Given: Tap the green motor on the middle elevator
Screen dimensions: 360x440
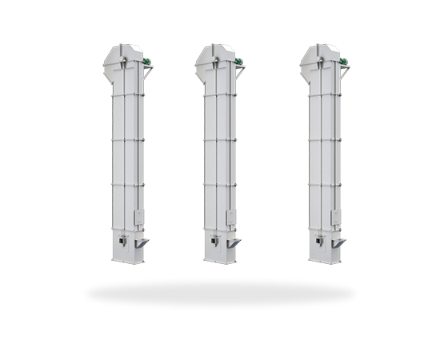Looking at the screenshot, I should (x=238, y=61).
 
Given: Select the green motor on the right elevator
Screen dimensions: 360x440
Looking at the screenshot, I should (x=343, y=61).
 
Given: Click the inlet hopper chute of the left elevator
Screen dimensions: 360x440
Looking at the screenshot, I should (x=141, y=242).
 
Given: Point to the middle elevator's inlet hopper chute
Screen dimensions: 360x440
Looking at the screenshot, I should (x=233, y=242).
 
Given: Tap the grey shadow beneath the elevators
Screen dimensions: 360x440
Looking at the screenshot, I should (x=220, y=294).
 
